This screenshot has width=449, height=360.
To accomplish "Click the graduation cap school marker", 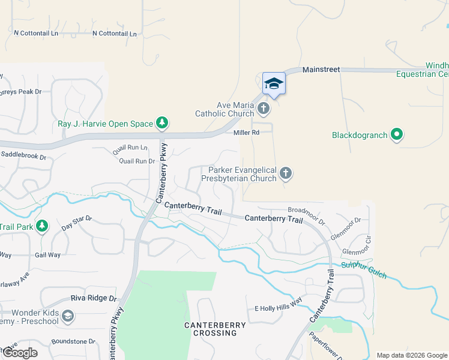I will click(274, 83).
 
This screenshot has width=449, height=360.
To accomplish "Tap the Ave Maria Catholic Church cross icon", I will click(264, 109).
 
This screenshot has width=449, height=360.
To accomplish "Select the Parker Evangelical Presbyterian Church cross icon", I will click(286, 174).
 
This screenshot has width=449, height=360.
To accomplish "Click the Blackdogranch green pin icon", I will click(396, 135).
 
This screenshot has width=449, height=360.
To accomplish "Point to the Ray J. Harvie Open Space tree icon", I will click(161, 124).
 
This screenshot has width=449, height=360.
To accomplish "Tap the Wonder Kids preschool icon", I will click(68, 316).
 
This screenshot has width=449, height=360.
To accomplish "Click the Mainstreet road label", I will click(321, 70).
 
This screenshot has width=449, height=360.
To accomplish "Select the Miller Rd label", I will click(246, 133).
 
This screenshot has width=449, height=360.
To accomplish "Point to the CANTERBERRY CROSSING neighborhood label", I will click(215, 329).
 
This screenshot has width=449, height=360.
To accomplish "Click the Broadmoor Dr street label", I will click(307, 215).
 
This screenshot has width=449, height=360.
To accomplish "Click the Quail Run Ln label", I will click(133, 147).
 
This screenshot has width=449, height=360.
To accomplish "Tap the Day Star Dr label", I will click(76, 224).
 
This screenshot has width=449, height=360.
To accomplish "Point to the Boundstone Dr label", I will click(74, 341).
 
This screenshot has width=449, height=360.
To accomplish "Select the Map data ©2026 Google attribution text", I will click(411, 355).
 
